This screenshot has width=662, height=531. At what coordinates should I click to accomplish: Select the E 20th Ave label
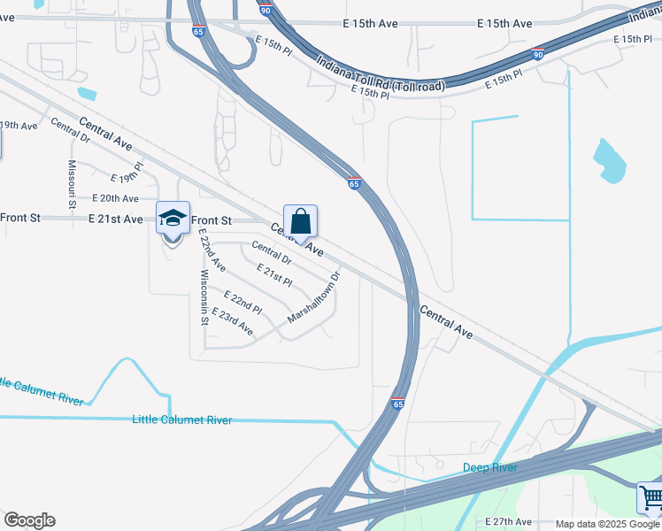[x=115, y=199]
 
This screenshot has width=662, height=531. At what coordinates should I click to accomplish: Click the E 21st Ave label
[x=115, y=219]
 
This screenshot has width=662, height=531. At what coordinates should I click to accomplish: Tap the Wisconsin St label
[x=204, y=297]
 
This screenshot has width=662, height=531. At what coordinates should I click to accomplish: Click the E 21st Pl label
[x=274, y=274]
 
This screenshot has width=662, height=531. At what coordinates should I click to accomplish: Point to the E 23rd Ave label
[x=233, y=324]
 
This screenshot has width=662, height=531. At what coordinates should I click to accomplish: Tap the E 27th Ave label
[x=508, y=522]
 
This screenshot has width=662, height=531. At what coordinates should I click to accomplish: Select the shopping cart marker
[x=650, y=498]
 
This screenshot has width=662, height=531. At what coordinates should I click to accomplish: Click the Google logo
[x=29, y=520]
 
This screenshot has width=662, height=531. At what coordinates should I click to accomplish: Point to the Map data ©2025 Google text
[x=607, y=524]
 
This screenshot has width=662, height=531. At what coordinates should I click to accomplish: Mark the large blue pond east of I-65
[x=610, y=160]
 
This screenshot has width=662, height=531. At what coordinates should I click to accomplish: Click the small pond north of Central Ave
[x=87, y=93]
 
